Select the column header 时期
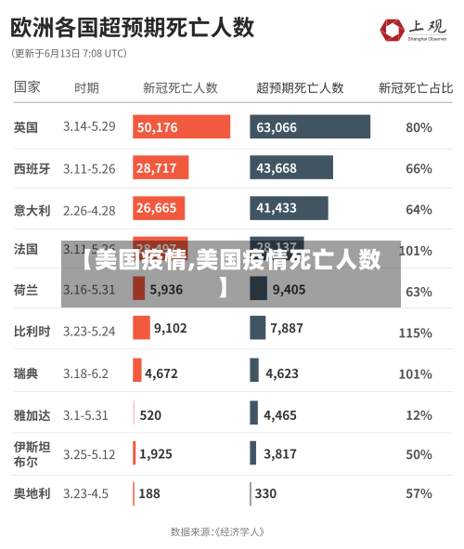pos(86,88)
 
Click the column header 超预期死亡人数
pos(300,88)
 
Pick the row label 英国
pos(26,127)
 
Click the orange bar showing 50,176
pos(181,127)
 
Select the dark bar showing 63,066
pos(310,127)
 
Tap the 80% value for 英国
pos(419,127)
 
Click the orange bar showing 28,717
pos(161,168)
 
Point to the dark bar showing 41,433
pos(289,208)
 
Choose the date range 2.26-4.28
pos(89,210)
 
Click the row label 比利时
pos(32,331)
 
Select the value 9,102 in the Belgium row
pos(171,328)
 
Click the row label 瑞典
pos(26,373)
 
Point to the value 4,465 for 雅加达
pos(280,415)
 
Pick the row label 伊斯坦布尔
pos(26,454)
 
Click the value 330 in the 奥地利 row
pos(265,494)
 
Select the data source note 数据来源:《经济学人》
pos(218,532)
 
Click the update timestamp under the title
pos(70,54)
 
